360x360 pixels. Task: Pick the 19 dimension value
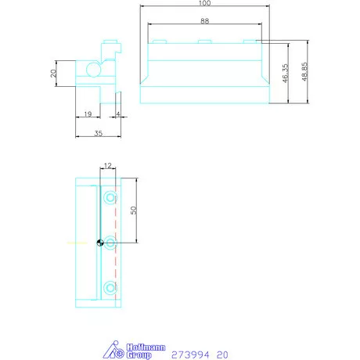(87, 114)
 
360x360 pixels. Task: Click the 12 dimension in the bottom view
(107, 165)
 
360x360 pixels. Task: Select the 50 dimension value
(134, 210)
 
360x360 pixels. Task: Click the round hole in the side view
(93, 70)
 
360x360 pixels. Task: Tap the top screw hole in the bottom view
(110, 195)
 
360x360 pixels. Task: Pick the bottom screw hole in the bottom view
(110, 286)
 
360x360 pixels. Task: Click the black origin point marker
(100, 243)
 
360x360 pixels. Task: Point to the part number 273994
(188, 353)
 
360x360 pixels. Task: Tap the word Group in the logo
(139, 355)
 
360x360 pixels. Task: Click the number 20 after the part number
(223, 353)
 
